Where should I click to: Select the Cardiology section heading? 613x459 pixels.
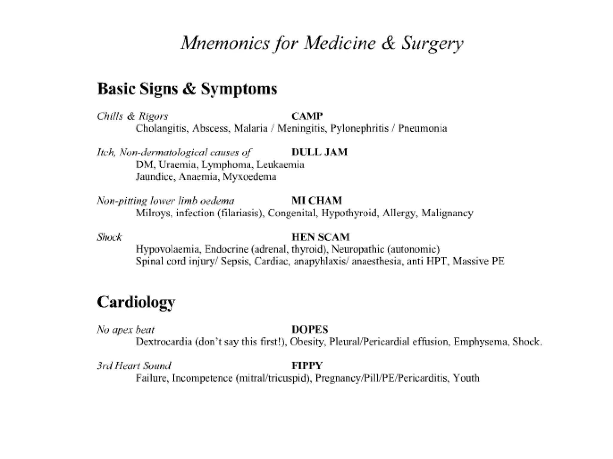(x=136, y=302)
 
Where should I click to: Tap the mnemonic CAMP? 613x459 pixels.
(x=307, y=116)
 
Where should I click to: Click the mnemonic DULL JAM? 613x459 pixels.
(x=319, y=152)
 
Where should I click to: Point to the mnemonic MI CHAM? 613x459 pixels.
(x=317, y=201)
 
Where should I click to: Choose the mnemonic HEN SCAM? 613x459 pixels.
(x=321, y=237)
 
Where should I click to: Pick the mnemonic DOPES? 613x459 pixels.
(x=310, y=329)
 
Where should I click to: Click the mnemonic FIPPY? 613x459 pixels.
(x=307, y=365)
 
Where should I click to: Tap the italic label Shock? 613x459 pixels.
(x=109, y=237)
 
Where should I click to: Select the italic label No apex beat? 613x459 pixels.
(x=126, y=330)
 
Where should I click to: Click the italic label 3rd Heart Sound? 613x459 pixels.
(x=134, y=366)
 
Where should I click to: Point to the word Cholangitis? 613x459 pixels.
(x=162, y=128)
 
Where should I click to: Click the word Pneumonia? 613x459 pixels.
(x=422, y=128)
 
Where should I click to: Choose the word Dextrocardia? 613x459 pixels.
(x=164, y=342)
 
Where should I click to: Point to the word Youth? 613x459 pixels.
(x=466, y=378)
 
